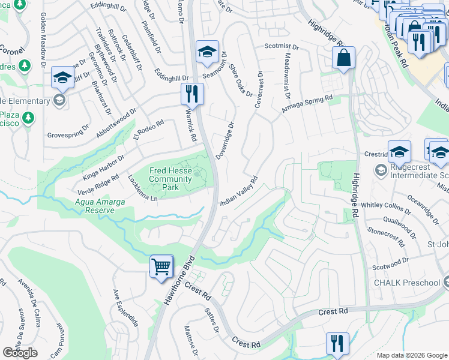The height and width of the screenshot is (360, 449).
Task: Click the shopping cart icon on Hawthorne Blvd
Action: pyautogui.click(x=161, y=266)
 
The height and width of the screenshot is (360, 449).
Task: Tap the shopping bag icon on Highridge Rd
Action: pyautogui.click(x=344, y=58)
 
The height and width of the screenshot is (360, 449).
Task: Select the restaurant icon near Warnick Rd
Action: pyautogui.click(x=192, y=94)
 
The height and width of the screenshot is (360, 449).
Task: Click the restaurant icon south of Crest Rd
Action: pyautogui.click(x=337, y=343)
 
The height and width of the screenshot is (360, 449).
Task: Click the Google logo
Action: pyautogui.click(x=20, y=352)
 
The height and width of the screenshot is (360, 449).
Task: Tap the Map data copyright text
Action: pyautogui.click(x=411, y=355)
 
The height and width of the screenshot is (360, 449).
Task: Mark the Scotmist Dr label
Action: pyautogui.click(x=282, y=46)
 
